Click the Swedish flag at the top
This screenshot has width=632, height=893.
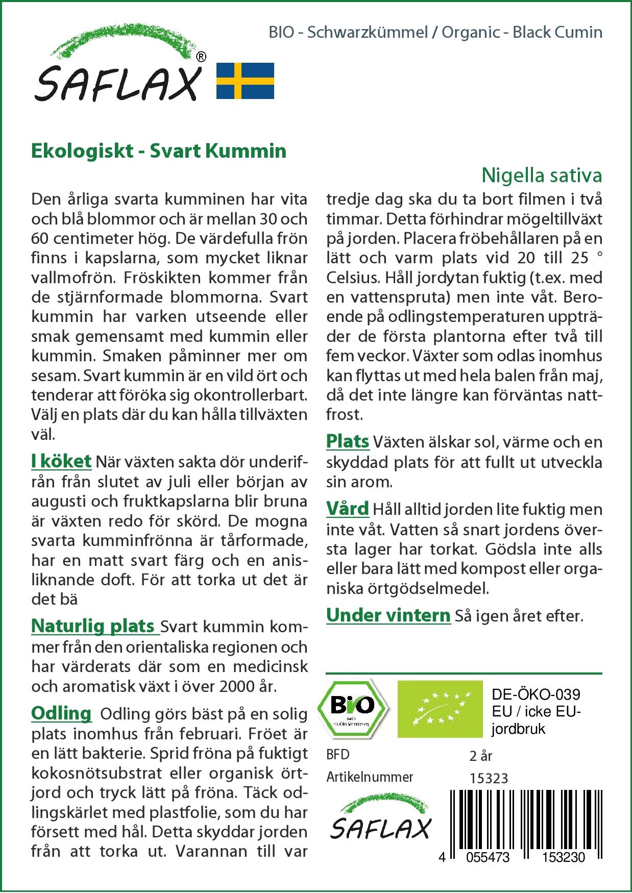pos(245,81)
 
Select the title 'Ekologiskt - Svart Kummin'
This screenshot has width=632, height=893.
pos(159,151)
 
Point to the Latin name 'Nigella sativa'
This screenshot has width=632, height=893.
pos(542,175)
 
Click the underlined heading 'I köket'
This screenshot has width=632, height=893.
pos(61,461)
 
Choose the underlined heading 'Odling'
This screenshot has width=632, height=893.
pos(61,713)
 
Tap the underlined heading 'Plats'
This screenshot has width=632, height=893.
pos(348,441)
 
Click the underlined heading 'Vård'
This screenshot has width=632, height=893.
pos(348,509)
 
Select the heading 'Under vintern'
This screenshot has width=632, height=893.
pos(388,615)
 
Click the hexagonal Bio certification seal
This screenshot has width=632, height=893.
pos(352,707)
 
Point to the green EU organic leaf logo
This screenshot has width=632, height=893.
pos(440,708)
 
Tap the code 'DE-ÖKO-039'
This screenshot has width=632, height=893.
pos(536,694)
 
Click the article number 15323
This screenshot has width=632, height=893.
pos(489,778)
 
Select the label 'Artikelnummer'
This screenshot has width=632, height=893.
pos(370,777)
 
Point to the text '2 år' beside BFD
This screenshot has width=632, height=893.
pos(480,756)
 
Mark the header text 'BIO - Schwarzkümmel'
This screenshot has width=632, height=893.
pos(348,32)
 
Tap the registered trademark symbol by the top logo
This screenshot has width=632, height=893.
pos(202,57)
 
